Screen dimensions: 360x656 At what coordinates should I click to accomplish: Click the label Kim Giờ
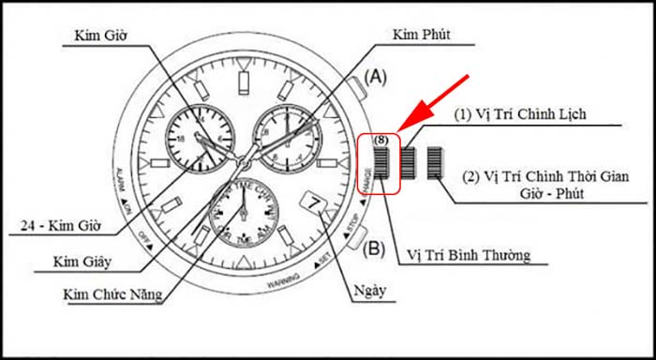(100, 36)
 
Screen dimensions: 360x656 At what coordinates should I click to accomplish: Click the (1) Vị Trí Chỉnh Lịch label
(519, 115)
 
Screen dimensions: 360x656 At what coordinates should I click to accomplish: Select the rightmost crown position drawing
(434, 162)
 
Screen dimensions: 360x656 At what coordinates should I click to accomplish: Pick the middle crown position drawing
(410, 162)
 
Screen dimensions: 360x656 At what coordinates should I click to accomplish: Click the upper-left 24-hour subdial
(199, 138)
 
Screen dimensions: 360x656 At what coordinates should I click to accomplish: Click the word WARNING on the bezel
(283, 280)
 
